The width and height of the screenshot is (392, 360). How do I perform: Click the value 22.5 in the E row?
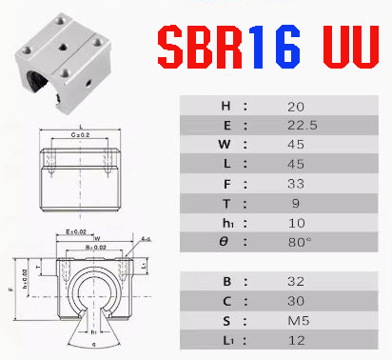click(295, 126)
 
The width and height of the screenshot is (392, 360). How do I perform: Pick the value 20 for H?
click(295, 105)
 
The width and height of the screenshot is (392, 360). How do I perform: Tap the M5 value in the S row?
click(295, 322)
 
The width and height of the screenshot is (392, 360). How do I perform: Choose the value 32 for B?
click(295, 282)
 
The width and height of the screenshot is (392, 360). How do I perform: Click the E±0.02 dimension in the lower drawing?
click(75, 231)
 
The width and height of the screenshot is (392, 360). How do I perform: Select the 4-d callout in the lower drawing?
click(147, 238)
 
